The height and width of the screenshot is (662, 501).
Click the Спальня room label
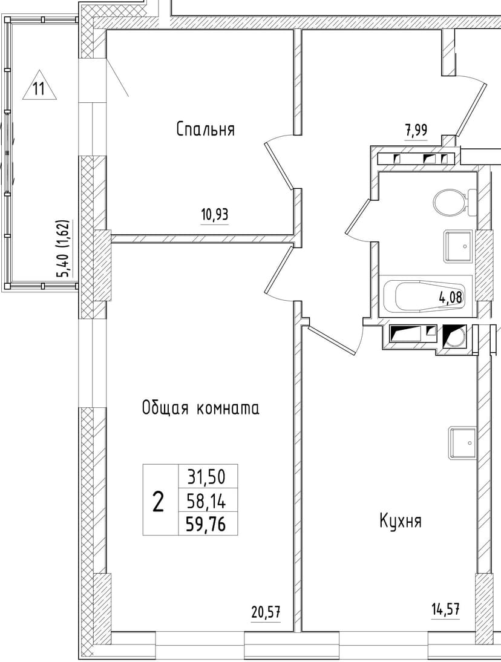click(205, 129)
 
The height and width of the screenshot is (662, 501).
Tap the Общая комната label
click(200, 408)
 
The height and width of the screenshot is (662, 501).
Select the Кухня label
click(401, 522)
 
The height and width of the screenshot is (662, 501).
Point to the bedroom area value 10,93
click(214, 215)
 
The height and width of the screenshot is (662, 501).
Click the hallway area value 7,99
click(416, 131)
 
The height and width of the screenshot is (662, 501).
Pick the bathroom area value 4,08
click(451, 298)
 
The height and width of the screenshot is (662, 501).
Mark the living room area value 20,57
click(266, 612)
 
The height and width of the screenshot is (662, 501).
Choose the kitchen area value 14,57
click(445, 609)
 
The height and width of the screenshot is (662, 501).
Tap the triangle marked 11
click(39, 86)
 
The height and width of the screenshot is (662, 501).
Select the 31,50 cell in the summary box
click(208, 477)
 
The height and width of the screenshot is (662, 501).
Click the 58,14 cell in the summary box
click(208, 502)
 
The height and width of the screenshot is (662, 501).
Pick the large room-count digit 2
click(159, 502)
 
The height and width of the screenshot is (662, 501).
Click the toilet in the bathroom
click(454, 202)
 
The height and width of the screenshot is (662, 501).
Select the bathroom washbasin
click(460, 246)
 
